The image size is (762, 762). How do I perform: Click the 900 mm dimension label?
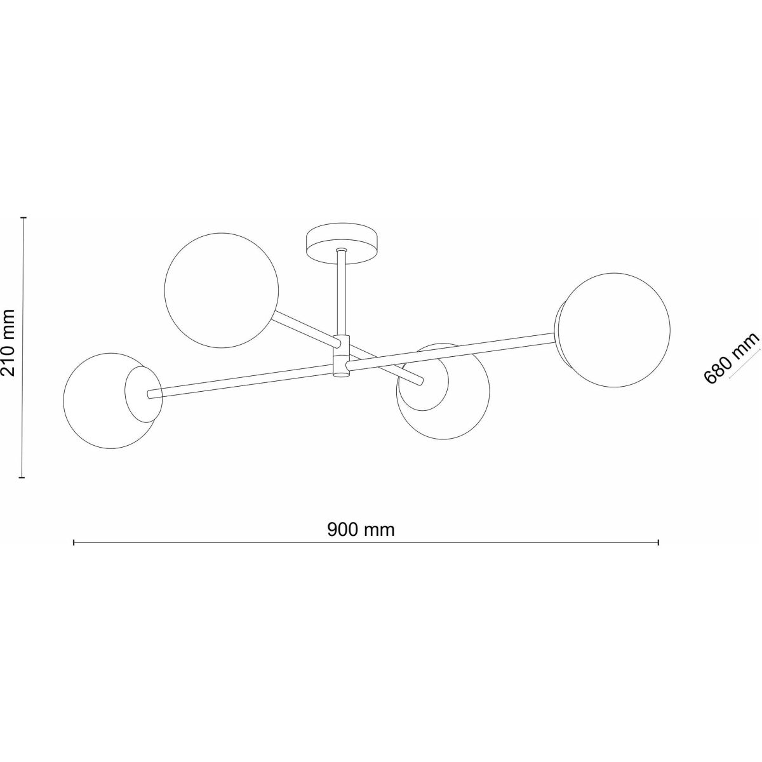click(x=361, y=530)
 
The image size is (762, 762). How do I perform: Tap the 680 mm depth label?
click(x=731, y=358)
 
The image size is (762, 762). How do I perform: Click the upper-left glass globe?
click(x=221, y=290)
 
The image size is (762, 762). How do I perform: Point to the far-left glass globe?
click(x=112, y=401)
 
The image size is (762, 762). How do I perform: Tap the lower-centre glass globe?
click(x=443, y=391)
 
